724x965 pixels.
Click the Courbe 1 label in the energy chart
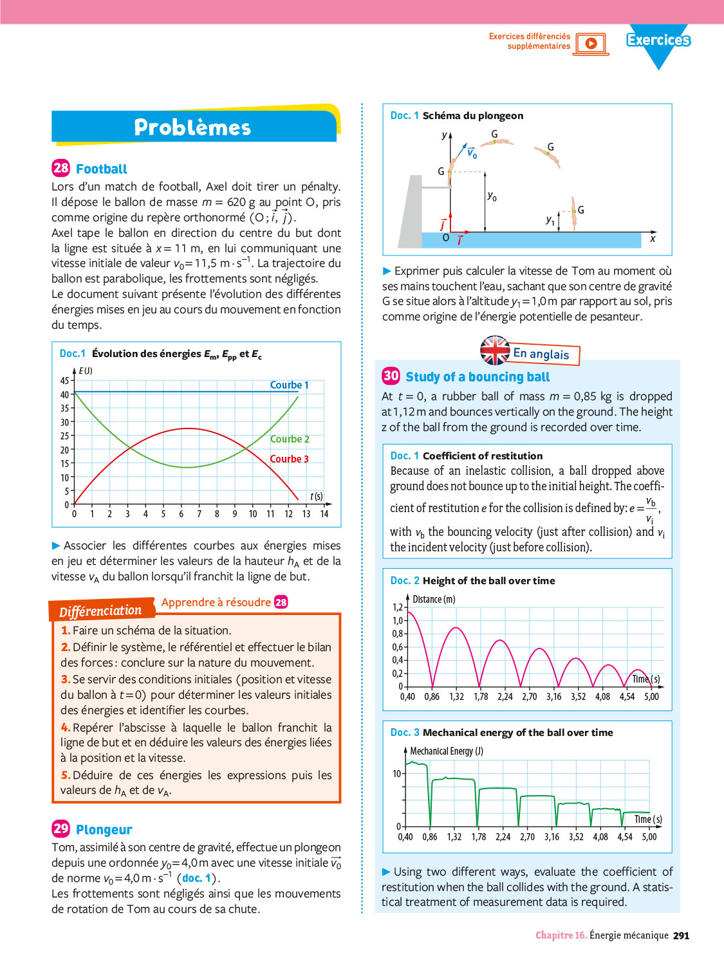coord(289,385)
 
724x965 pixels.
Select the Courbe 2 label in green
coord(290,439)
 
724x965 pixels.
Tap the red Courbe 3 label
coord(289,459)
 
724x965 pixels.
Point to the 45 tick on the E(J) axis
coord(64,381)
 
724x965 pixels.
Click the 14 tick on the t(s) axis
coord(324,514)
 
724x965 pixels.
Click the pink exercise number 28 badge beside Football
coord(60,169)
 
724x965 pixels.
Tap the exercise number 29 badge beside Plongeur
coord(60,829)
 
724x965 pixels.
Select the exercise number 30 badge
coord(391,376)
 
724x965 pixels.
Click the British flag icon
coord(495,351)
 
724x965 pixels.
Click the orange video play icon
coord(591,44)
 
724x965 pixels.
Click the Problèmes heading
coord(192,127)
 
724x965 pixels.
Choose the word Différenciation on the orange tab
coord(100,610)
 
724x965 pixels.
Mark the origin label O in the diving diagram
coord(445,238)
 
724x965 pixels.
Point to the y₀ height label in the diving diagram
coord(492,196)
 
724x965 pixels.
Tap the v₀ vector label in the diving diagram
coord(472,153)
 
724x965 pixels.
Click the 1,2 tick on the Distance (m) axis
coord(398,607)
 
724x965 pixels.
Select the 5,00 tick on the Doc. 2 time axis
coord(651,697)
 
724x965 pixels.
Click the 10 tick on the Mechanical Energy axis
coord(396,773)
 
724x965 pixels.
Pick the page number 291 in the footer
coord(681,935)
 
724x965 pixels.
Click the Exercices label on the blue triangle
coord(658,40)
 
